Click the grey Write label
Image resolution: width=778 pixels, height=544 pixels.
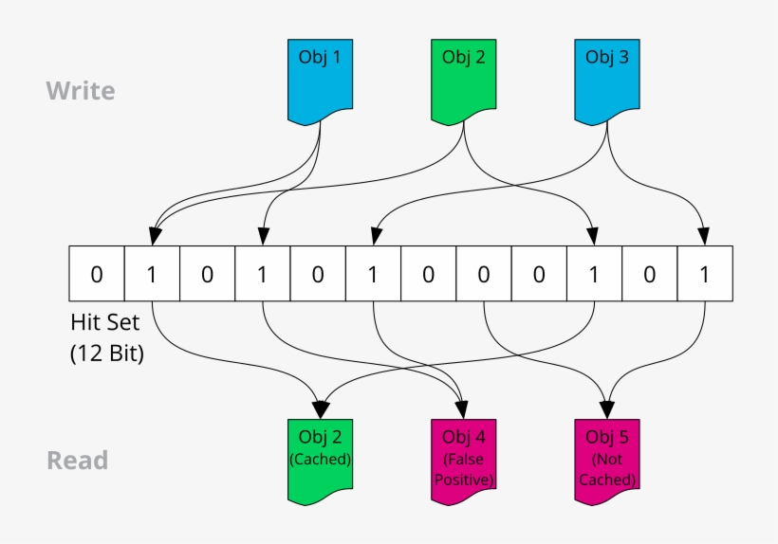[81, 91]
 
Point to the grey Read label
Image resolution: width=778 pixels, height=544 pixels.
[78, 461]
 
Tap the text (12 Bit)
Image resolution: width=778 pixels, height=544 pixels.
[106, 354]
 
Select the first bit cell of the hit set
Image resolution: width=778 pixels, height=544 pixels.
[97, 275]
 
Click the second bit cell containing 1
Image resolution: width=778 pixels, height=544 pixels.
[152, 275]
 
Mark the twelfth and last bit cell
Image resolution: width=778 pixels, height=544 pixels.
[704, 275]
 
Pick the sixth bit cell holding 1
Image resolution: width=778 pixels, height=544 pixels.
[373, 275]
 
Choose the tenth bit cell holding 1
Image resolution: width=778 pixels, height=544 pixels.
[594, 275]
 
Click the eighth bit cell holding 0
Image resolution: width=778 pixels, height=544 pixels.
[484, 275]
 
